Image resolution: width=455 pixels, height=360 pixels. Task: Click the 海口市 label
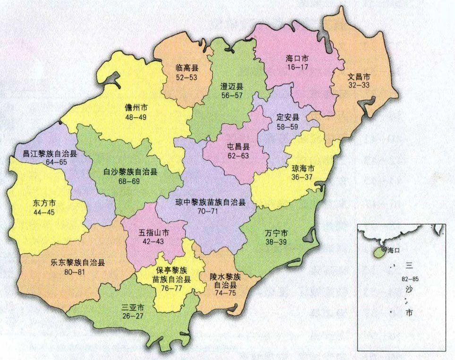pyautogui.click(x=297, y=59)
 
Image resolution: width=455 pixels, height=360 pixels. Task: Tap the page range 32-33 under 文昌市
pyautogui.click(x=359, y=85)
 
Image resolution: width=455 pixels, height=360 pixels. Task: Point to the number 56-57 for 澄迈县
pyautogui.click(x=232, y=95)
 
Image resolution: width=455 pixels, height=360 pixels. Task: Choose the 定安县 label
pyautogui.click(x=288, y=117)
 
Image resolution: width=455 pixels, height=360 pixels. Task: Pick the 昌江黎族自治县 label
pyautogui.click(x=46, y=154)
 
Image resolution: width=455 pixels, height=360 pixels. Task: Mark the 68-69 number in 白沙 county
pyautogui.click(x=130, y=181)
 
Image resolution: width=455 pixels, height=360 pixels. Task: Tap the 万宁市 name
pyautogui.click(x=276, y=233)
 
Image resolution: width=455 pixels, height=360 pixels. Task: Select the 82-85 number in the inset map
pyautogui.click(x=409, y=278)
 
